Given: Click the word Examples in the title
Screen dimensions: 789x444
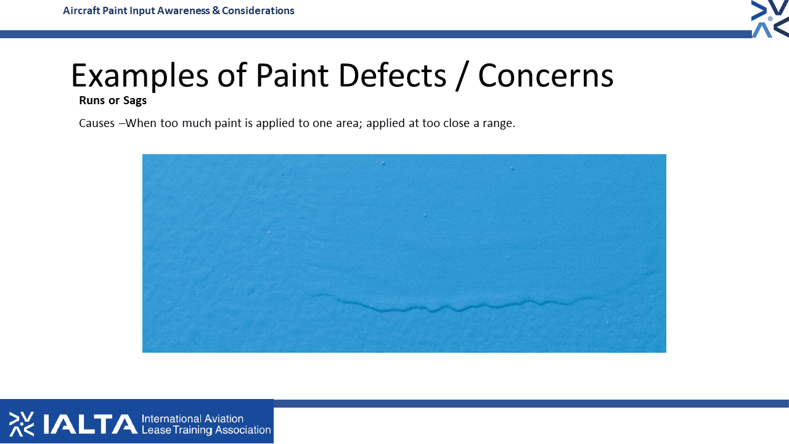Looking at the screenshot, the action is pyautogui.click(x=140, y=76).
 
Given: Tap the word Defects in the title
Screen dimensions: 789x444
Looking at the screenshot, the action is pyautogui.click(x=393, y=75).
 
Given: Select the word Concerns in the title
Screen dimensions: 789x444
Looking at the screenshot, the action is pyautogui.click(x=546, y=75).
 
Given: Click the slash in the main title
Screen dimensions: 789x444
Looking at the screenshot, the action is pyautogui.click(x=462, y=76).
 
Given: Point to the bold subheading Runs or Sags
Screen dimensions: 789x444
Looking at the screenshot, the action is pyautogui.click(x=113, y=101).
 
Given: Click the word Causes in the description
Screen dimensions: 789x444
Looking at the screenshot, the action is pyautogui.click(x=97, y=123).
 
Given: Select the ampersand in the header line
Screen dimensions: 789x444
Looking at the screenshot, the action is pyautogui.click(x=216, y=10).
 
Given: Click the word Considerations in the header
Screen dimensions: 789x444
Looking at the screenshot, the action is pyautogui.click(x=258, y=10).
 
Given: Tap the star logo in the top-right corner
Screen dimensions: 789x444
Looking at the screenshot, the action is pyautogui.click(x=770, y=18).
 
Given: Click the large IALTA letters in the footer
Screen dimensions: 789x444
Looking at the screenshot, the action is pyautogui.click(x=90, y=424).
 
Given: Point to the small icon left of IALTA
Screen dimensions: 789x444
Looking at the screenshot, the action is pyautogui.click(x=22, y=424).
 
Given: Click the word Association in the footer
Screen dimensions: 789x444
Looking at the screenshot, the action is pyautogui.click(x=243, y=430).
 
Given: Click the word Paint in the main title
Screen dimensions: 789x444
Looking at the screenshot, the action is pyautogui.click(x=292, y=75).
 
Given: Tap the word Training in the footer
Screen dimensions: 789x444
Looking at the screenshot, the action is pyautogui.click(x=193, y=430).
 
